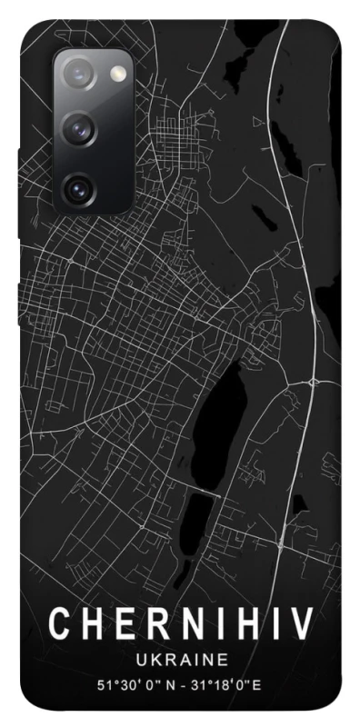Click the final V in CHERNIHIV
click(x=301, y=625)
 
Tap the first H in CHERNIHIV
click(x=90, y=625)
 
